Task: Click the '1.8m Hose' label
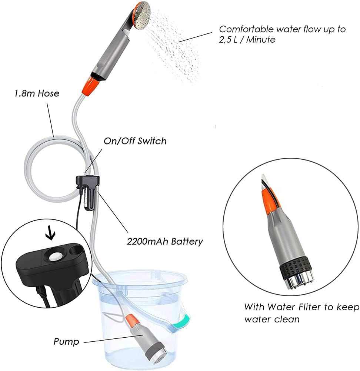pos(37,93)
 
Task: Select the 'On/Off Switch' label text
pos(135,141)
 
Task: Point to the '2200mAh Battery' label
pos(165,241)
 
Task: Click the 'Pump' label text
pos(66,342)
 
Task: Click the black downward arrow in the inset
pos(50,233)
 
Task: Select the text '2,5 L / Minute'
pos(247,40)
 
